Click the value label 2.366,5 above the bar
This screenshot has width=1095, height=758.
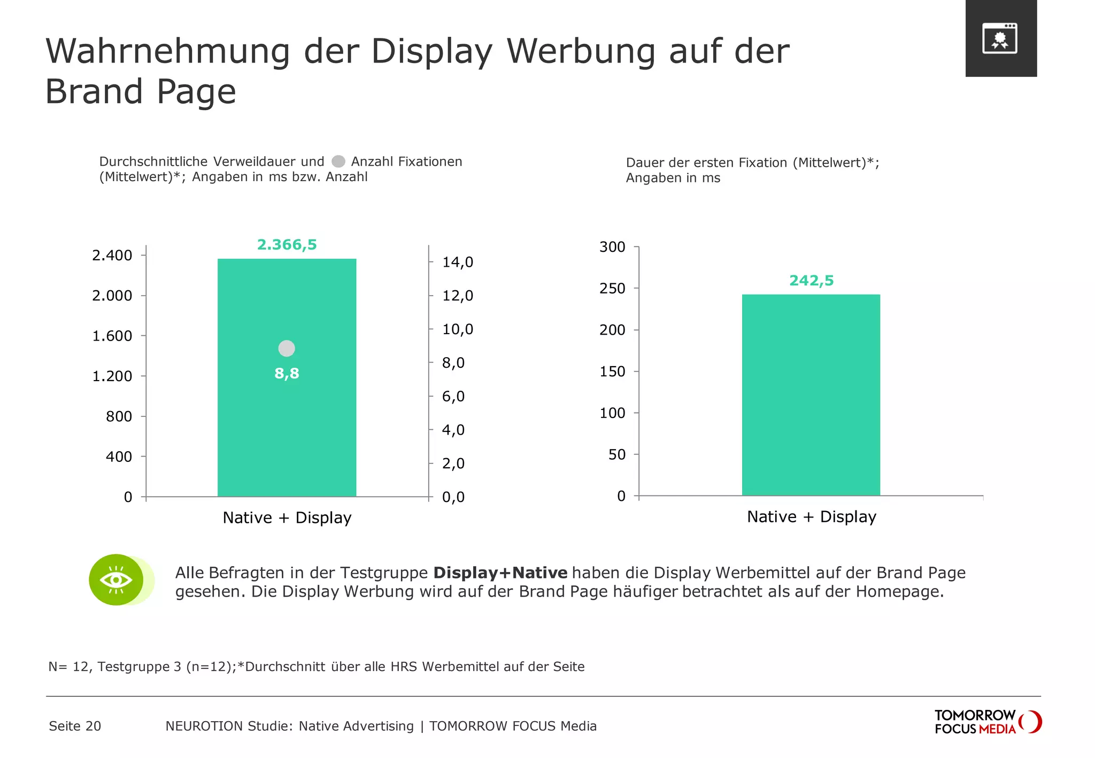click(287, 245)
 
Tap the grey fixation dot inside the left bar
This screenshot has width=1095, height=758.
click(287, 349)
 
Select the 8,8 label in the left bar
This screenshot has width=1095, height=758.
click(287, 374)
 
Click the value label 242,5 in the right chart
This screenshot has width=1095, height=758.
click(811, 281)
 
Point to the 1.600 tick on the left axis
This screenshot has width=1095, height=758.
click(112, 336)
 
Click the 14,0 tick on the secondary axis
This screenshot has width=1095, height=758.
click(457, 262)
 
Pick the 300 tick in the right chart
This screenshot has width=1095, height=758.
click(612, 247)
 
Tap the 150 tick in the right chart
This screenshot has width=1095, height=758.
click(612, 372)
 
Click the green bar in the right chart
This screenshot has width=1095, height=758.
click(811, 396)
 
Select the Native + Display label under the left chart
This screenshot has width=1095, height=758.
click(287, 517)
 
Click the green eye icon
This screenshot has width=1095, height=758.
click(117, 580)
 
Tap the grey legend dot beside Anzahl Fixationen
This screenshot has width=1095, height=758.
click(338, 161)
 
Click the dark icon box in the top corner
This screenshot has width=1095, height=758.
click(1000, 38)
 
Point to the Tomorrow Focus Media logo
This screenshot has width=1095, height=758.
click(987, 722)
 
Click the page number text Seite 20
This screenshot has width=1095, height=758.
click(75, 726)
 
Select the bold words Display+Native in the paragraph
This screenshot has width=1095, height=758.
click(500, 573)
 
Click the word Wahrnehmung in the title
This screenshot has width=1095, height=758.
click(167, 52)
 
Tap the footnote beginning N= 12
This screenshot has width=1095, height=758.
click(316, 667)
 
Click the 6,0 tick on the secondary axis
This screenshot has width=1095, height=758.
click(453, 397)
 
